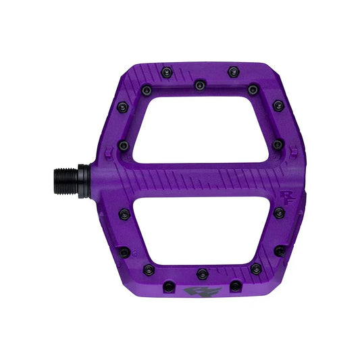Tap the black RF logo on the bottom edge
(x=193, y=292)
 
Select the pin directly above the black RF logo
(x=201, y=274)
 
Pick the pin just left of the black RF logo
(x=168, y=286)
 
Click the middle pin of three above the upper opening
(x=199, y=86)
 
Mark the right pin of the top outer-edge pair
(x=234, y=70)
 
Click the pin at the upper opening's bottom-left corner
(x=124, y=145)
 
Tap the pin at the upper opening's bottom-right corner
(x=278, y=145)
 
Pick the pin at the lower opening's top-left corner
(x=123, y=213)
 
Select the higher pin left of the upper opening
(x=122, y=107)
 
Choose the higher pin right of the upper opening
(x=278, y=105)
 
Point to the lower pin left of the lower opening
(x=124, y=252)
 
